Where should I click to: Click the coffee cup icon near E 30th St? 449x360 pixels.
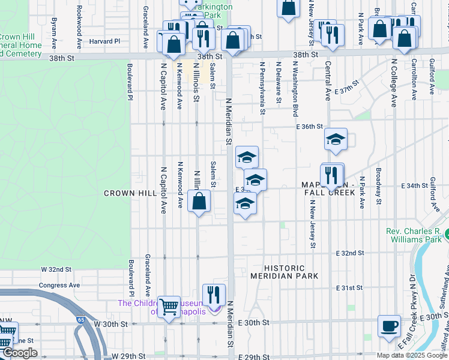point(389,326)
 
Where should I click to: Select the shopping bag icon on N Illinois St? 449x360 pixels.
point(199,201)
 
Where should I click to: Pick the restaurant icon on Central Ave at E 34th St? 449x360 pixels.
point(332,175)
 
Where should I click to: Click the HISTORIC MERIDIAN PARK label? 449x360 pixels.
point(284,272)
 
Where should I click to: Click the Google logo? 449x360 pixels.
point(19,353)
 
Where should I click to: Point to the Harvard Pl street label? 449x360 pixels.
point(106,41)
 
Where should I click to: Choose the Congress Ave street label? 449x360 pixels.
point(59,285)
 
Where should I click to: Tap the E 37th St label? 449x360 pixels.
point(346,83)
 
